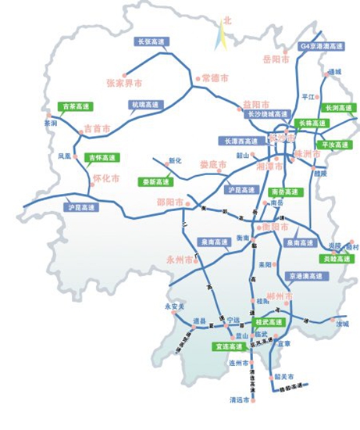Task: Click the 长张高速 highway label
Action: click(151, 41)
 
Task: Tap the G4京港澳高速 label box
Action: click(322, 47)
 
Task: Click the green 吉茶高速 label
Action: click(76, 106)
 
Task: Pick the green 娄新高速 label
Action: click(157, 181)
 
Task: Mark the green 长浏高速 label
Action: click(337, 107)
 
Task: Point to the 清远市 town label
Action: click(240, 400)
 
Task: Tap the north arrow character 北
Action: click(227, 21)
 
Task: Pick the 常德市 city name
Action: click(215, 78)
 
